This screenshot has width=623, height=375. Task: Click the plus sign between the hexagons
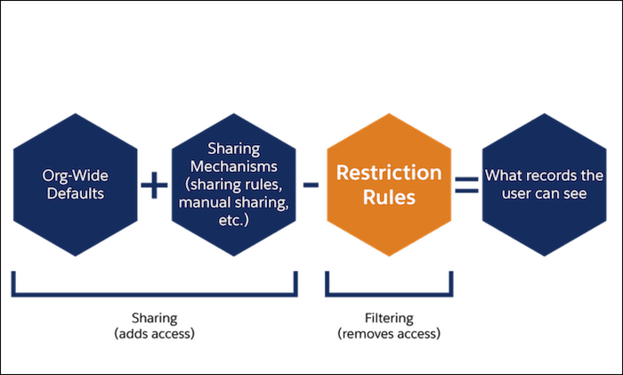pyautogui.click(x=153, y=185)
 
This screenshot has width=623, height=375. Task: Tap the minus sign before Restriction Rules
pyautogui.click(x=311, y=185)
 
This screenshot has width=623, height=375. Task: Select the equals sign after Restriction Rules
pyautogui.click(x=466, y=185)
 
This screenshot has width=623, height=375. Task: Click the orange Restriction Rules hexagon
pyautogui.click(x=388, y=184)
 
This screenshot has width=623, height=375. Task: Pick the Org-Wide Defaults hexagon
pyautogui.click(x=76, y=184)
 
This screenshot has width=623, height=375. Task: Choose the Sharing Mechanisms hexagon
pyautogui.click(x=232, y=184)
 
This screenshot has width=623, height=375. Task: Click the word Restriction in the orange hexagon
pyautogui.click(x=388, y=172)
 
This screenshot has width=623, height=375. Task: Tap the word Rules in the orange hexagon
pyautogui.click(x=388, y=198)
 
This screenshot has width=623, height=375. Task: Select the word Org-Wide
pyautogui.click(x=76, y=175)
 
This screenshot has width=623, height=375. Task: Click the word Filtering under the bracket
pyautogui.click(x=388, y=318)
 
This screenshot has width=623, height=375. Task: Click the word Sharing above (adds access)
pyautogui.click(x=153, y=318)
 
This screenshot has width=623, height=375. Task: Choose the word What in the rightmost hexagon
pyautogui.click(x=501, y=175)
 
